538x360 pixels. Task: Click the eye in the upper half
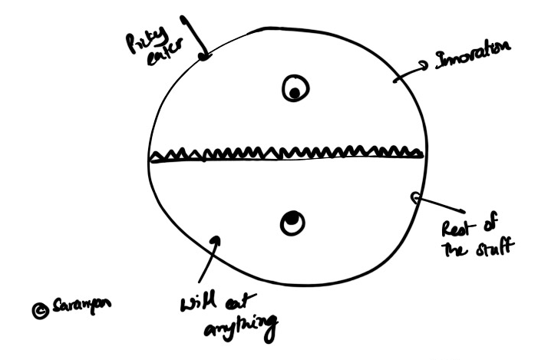tap(294, 91)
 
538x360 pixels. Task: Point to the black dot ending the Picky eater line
tap(204, 55)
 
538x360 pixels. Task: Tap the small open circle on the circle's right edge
tap(415, 197)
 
